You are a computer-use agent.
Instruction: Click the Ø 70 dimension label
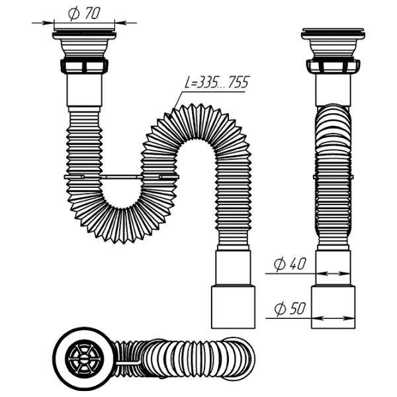(84, 13)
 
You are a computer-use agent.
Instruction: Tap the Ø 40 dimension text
(290, 264)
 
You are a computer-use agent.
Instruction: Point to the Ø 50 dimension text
(290, 308)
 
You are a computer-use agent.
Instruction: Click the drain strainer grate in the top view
(84, 359)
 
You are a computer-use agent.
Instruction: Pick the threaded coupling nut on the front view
(84, 66)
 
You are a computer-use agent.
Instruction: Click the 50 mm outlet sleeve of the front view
(233, 307)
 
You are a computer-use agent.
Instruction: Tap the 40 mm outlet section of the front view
(233, 268)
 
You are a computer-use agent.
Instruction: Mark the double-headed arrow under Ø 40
(333, 273)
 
